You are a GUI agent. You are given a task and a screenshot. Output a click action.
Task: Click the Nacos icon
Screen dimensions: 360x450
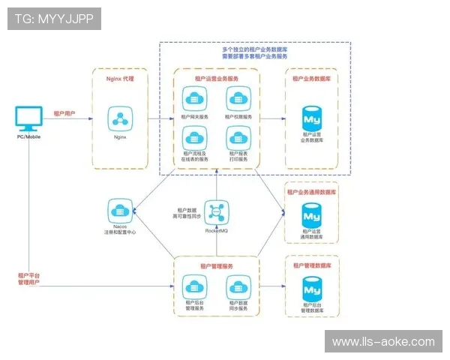tap(119, 208)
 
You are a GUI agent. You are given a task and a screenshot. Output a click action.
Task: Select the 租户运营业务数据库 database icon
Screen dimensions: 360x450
tap(311, 117)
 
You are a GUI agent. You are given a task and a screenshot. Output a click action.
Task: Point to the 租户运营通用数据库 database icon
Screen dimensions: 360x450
tap(311, 214)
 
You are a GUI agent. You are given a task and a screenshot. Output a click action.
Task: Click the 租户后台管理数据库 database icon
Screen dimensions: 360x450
tap(311, 288)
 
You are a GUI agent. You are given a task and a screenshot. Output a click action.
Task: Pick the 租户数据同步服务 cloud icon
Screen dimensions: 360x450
tap(238, 286)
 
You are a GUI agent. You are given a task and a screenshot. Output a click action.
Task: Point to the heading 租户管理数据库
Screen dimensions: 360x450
tap(313, 265)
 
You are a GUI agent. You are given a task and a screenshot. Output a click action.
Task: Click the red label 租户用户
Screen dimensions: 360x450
tap(64, 114)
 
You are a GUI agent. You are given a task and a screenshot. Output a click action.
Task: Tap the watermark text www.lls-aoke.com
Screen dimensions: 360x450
tap(382, 342)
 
